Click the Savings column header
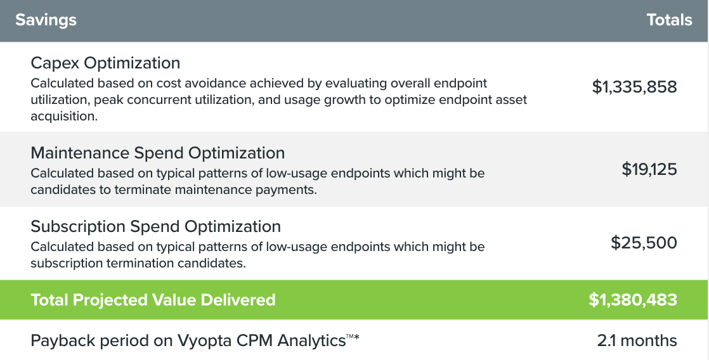[46, 20]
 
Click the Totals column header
[669, 20]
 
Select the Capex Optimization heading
[105, 63]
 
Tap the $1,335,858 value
[634, 87]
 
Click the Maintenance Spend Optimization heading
[158, 153]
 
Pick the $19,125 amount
[649, 169]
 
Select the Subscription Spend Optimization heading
[155, 226]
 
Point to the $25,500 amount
[644, 243]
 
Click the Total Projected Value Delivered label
[153, 300]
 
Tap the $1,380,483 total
[633, 300]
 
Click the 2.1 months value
[637, 340]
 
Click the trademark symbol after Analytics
[350, 336]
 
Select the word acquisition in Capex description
[64, 117]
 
